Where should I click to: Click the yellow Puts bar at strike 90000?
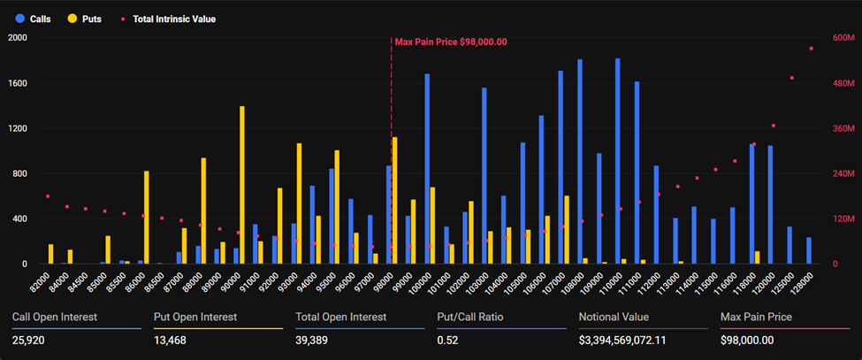pos(242,186)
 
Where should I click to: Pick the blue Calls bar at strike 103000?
pos(484,176)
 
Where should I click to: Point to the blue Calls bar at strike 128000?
pos(808,250)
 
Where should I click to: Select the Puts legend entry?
pos(86,18)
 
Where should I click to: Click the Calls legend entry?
pos(33,18)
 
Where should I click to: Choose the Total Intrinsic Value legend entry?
pos(168,18)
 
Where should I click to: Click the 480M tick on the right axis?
pos(843,83)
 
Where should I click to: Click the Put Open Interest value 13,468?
pos(172,339)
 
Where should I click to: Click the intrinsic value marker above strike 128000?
pos(811,49)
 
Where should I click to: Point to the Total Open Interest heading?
pos(340,317)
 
